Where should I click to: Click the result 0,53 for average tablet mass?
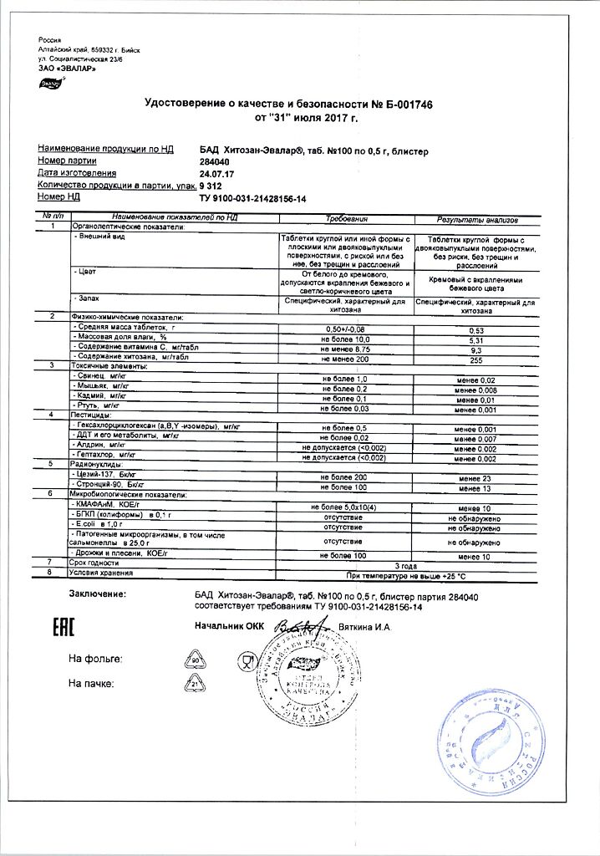(476, 330)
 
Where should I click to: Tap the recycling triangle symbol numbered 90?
(194, 660)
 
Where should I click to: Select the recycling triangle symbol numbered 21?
(194, 685)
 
